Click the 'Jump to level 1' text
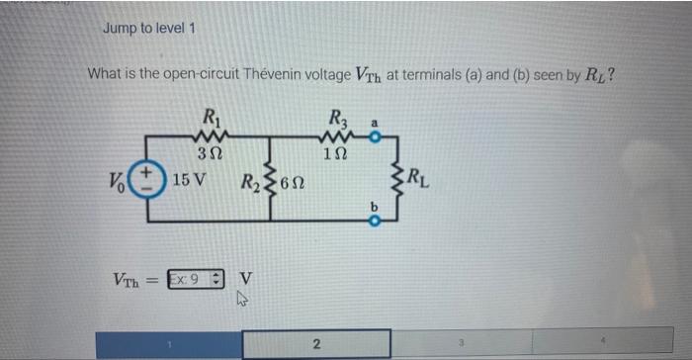pos(149,28)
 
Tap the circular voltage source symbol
pos(146,181)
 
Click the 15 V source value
pos(188,181)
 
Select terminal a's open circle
pos(375,138)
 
